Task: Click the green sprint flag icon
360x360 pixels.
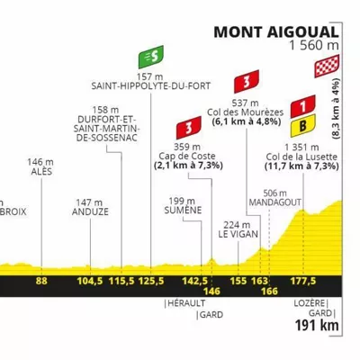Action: point(151,57)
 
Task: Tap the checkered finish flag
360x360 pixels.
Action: point(327,66)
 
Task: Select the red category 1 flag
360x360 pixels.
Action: point(303,106)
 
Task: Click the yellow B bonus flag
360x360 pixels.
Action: point(303,126)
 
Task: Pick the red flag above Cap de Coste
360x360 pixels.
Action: point(189,128)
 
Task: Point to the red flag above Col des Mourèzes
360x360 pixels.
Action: point(247,81)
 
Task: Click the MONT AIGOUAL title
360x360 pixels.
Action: point(276,32)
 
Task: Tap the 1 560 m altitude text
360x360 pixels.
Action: point(314,46)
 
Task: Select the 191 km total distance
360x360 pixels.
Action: point(317,325)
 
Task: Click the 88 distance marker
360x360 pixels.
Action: point(41,281)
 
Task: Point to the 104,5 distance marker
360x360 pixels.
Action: point(90,281)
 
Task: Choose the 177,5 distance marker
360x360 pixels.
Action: point(303,281)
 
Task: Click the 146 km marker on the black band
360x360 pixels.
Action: point(211,291)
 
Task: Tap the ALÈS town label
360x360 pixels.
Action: point(41,172)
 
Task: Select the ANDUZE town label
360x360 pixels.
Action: point(90,211)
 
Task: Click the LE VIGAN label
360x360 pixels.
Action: point(238,234)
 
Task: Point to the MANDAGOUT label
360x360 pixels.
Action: point(274,202)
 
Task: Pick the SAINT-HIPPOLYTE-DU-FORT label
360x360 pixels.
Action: point(151,86)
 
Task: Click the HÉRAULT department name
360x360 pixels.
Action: point(186,303)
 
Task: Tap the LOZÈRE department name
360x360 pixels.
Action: point(310,303)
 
